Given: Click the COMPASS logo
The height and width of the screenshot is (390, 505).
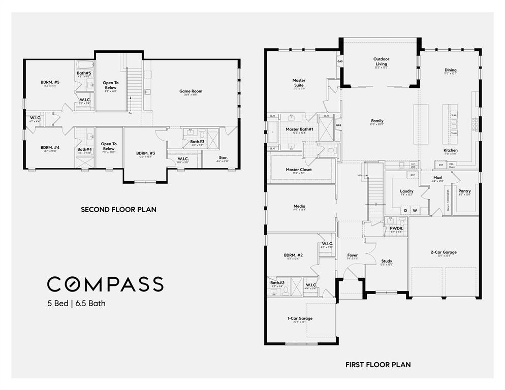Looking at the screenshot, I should tap(105, 284).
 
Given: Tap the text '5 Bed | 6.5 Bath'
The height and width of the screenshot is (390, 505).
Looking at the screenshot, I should tap(76, 304).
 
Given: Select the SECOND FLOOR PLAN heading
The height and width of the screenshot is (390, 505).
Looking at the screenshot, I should tap(118, 209).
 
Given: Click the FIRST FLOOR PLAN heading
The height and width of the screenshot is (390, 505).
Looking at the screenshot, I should tap(378, 365).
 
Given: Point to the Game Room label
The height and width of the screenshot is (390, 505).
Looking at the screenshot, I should tap(191, 91).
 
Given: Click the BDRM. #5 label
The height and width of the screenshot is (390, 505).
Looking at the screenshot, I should tap(50, 82).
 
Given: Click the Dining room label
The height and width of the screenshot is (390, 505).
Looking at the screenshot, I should tap(450, 70).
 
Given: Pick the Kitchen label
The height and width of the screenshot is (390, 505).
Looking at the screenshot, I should tap(450, 150).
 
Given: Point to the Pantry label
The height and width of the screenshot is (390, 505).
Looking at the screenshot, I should tap(464, 191).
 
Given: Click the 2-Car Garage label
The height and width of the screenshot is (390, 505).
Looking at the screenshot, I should tap(444, 252).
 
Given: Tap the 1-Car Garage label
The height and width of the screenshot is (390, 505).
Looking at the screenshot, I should tap(300, 318).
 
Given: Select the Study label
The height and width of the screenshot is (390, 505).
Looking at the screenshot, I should tap(386, 262).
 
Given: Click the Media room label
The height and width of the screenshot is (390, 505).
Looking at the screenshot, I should tap(299, 207).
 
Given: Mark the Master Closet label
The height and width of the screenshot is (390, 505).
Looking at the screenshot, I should tap(299, 170).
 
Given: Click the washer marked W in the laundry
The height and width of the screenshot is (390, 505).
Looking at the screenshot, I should tap(415, 210).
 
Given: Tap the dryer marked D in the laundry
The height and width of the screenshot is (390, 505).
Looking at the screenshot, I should tap(405, 210).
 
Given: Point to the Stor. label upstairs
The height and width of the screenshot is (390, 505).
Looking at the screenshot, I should tap(223, 158).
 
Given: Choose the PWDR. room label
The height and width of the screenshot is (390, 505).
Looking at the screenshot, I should tap(396, 229).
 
